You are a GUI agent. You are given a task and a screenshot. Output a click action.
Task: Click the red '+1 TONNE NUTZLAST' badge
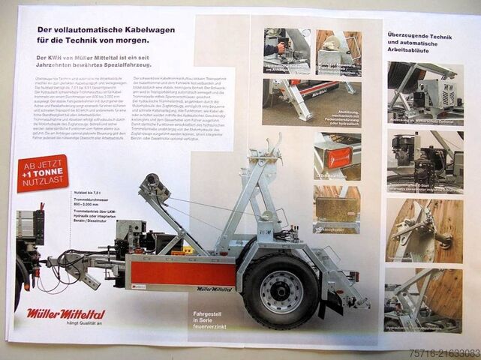pos(43,172)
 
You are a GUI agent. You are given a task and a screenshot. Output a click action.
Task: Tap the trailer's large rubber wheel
pos(281,291)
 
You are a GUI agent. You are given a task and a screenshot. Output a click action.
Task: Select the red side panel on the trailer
pos(179,272)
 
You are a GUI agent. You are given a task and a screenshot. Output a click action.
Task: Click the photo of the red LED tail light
pos(337,155)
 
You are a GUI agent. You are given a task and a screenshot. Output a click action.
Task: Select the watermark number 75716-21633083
pos(443,351)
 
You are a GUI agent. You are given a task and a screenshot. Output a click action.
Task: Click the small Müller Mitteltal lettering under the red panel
pos(215,289)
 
